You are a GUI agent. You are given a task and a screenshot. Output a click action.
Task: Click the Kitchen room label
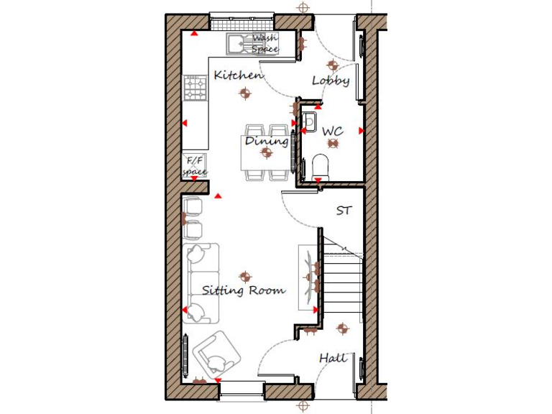point(239,75)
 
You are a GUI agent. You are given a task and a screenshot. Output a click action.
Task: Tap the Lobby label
point(331,80)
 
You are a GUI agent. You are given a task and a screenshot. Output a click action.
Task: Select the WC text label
point(332,132)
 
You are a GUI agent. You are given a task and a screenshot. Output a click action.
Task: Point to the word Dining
point(267,141)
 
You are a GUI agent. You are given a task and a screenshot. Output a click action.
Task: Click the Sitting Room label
point(243,291)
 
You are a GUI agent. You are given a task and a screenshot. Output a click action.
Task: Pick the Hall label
point(333,357)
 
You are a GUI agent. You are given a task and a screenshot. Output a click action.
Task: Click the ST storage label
point(345,211)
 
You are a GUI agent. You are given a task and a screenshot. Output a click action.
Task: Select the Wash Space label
point(264,43)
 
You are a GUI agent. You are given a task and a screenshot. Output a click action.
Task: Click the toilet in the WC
point(321,167)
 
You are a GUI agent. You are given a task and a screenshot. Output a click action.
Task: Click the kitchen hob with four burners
point(195,88)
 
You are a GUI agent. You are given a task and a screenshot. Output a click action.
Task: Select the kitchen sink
point(238,45)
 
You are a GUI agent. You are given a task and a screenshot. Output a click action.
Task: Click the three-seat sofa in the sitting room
point(201,282)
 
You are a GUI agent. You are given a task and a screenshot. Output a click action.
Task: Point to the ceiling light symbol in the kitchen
point(246,93)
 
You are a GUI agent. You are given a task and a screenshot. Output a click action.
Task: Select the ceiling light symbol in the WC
point(332,144)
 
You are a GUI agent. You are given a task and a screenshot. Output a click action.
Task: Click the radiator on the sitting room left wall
point(186,355)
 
